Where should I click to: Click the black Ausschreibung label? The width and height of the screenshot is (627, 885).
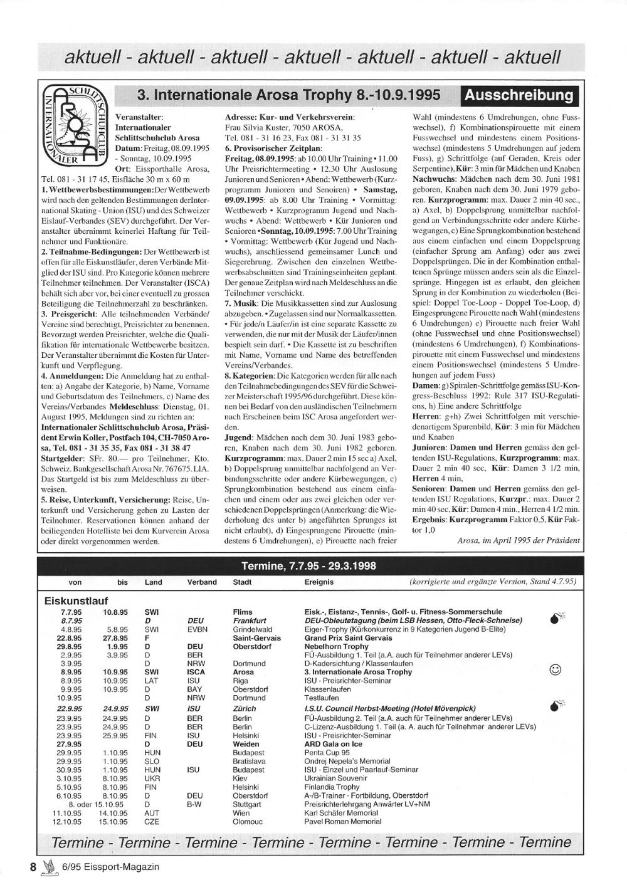(x=519, y=95)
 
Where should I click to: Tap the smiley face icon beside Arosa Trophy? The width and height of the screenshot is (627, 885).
(x=554, y=670)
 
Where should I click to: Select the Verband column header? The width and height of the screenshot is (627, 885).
(x=202, y=582)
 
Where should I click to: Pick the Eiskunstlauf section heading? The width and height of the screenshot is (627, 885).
(x=76, y=601)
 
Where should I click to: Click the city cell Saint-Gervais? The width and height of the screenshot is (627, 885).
(x=256, y=638)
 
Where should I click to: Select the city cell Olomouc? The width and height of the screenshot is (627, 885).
(x=248, y=822)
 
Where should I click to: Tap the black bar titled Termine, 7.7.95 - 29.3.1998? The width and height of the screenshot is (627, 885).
(x=308, y=566)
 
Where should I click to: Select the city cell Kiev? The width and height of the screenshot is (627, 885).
(x=240, y=778)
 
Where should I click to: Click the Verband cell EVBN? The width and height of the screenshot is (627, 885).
(x=197, y=629)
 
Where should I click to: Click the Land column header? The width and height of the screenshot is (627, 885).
(x=153, y=582)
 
